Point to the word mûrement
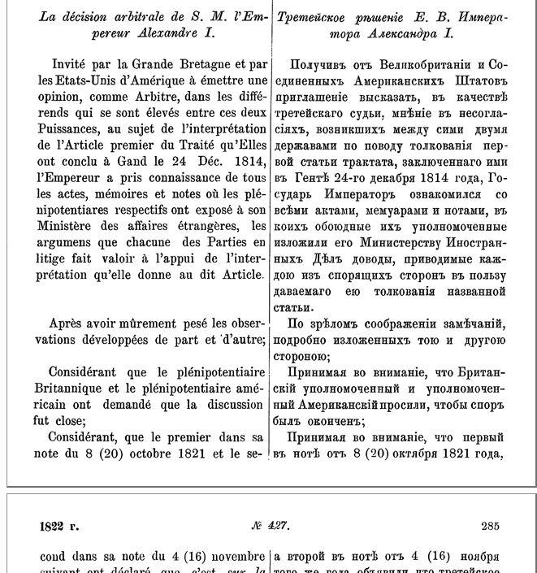[149, 323]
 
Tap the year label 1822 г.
[59, 526]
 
